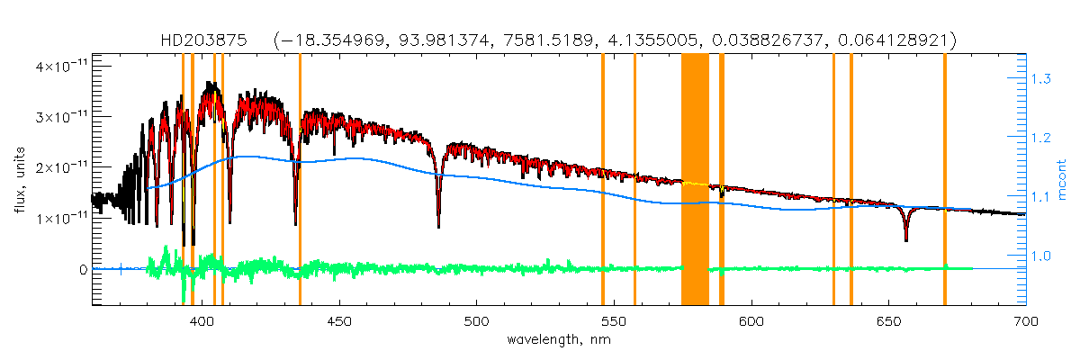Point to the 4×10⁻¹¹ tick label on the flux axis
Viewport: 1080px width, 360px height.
(58, 67)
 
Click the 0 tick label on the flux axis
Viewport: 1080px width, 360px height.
(83, 269)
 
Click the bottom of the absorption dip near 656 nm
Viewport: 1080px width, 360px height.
(905, 239)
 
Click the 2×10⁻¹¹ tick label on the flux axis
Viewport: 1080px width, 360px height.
(58, 167)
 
